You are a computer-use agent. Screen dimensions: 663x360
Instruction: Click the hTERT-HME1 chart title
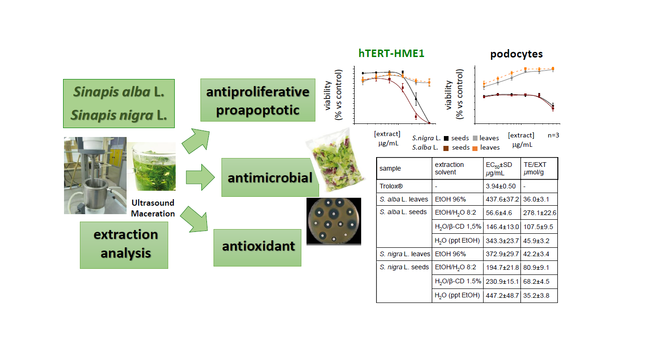[x=392, y=53]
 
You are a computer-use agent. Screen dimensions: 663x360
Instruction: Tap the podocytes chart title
[x=516, y=54]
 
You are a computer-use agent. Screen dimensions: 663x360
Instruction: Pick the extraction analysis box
[x=124, y=245]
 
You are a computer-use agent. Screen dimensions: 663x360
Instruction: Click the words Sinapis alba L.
[x=119, y=92]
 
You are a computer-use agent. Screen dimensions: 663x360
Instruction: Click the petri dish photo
[x=334, y=221]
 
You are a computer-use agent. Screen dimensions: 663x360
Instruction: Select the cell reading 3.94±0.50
[x=501, y=186]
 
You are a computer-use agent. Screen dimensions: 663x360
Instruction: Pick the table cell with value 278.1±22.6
[x=539, y=212]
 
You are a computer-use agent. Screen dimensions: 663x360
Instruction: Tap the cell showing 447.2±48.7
[x=501, y=295]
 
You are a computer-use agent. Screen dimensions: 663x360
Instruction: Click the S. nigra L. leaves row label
[x=403, y=254]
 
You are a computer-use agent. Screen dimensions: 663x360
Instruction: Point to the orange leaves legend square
[x=474, y=148]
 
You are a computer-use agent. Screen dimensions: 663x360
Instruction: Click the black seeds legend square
[x=446, y=138]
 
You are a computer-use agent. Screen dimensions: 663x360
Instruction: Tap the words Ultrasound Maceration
[x=153, y=209]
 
